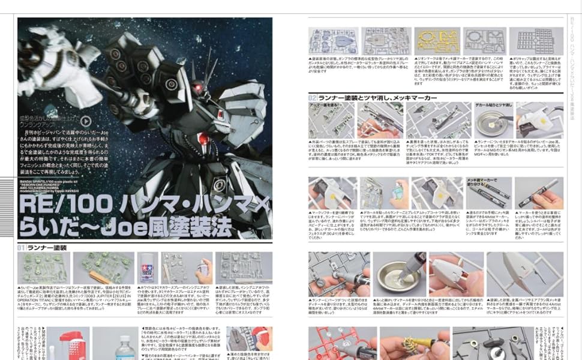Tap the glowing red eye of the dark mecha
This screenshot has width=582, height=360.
click(196, 89)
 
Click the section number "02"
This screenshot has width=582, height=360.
click(313, 97)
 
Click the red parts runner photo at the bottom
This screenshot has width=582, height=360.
click(332, 344)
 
